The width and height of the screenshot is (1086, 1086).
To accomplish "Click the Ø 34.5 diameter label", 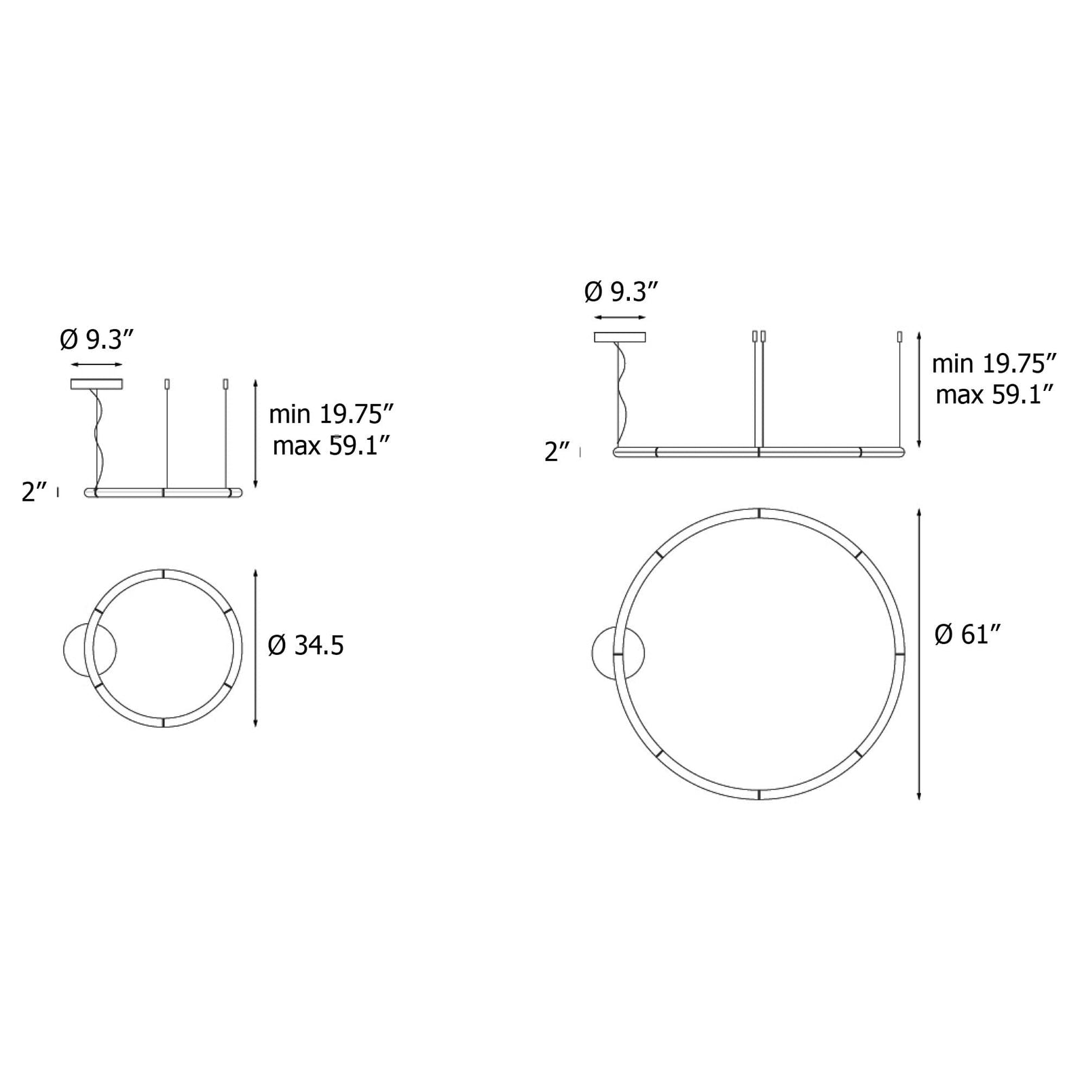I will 305,645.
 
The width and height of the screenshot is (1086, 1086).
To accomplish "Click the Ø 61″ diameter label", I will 968,635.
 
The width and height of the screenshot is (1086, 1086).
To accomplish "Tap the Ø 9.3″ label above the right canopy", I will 621,293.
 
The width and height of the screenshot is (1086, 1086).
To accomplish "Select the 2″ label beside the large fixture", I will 557,451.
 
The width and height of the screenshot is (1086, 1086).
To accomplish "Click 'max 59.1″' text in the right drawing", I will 994,394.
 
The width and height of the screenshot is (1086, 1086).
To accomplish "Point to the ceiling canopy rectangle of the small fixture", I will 96,384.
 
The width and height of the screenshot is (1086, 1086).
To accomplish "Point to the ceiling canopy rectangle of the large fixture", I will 620,337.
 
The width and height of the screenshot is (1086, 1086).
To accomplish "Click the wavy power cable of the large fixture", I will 621,394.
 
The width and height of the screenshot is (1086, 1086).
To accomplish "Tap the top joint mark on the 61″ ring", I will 759,512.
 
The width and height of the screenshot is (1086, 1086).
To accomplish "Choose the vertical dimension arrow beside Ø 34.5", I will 255,648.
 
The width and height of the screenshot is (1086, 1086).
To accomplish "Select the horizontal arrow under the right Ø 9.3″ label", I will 620,317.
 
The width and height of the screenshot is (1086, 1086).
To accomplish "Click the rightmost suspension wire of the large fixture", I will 899,394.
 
